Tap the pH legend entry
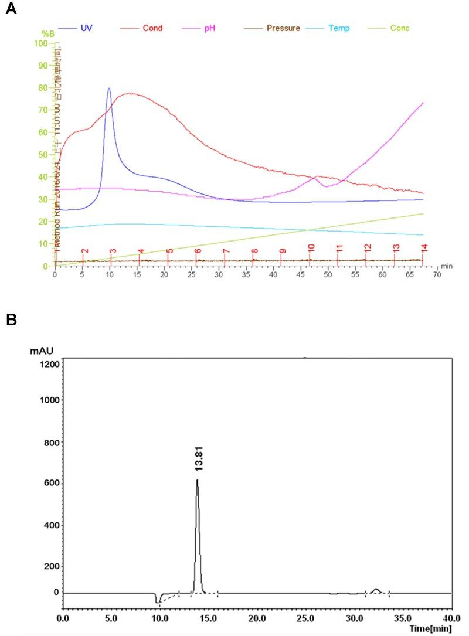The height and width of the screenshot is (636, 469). pos(210,28)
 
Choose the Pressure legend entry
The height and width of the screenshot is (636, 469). pos(283,28)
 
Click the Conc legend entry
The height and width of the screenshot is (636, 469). pos(401,28)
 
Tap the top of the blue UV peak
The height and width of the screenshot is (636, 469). pos(109,89)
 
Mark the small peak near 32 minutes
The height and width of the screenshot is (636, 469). pos(376,589)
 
